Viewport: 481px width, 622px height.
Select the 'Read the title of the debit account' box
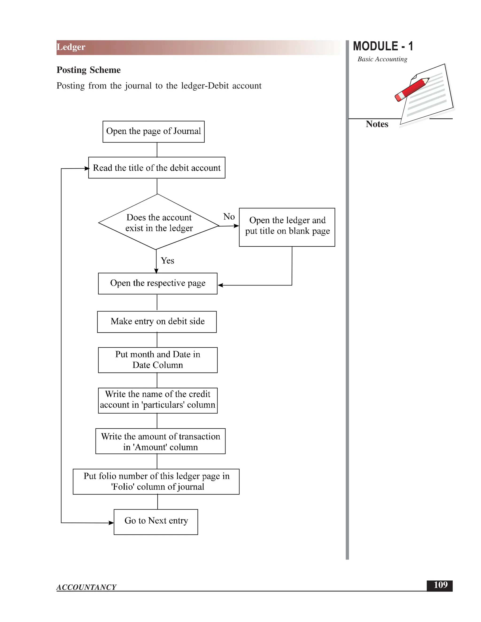pyautogui.click(x=157, y=168)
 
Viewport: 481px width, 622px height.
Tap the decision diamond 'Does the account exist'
pyautogui.click(x=159, y=223)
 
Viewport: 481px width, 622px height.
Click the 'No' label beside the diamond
pyautogui.click(x=229, y=217)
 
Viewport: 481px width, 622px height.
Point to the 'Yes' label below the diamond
pyautogui.click(x=167, y=261)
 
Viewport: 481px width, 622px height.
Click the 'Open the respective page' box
pyautogui.click(x=158, y=283)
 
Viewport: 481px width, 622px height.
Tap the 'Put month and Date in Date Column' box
pyautogui.click(x=158, y=360)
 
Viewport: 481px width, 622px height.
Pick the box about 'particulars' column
pyautogui.click(x=158, y=400)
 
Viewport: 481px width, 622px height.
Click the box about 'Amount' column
pyautogui.click(x=160, y=441)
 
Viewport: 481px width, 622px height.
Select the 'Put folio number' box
pyautogui.click(x=156, y=482)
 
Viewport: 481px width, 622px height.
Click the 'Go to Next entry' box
pyautogui.click(x=156, y=522)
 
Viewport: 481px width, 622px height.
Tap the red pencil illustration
pyautogui.click(x=411, y=89)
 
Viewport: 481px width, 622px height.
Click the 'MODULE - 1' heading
pyautogui.click(x=383, y=46)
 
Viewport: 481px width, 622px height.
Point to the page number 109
pyautogui.click(x=440, y=585)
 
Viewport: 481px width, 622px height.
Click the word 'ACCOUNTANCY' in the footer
pyautogui.click(x=86, y=587)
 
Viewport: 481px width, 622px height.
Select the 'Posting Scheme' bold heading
pyautogui.click(x=89, y=70)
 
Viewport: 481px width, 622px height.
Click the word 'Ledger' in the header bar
pyautogui.click(x=71, y=47)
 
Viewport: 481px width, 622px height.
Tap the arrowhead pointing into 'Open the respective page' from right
pyautogui.click(x=220, y=285)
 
